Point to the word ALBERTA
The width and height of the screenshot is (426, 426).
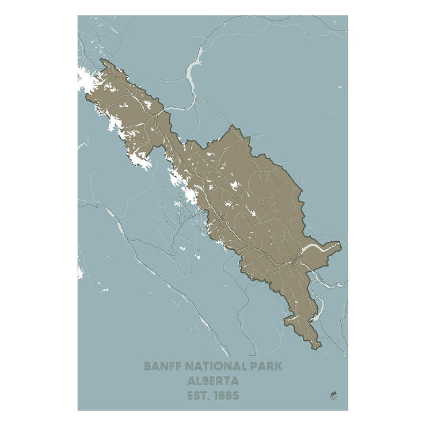pyautogui.click(x=213, y=381)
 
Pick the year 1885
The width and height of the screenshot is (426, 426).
pyautogui.click(x=227, y=396)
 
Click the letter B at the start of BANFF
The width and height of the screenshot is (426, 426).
pyautogui.click(x=148, y=366)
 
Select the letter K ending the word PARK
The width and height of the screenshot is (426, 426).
pyautogui.click(x=279, y=366)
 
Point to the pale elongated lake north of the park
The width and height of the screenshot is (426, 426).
pyautogui.click(x=195, y=66)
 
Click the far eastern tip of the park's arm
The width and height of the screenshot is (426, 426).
pyautogui.click(x=341, y=246)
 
